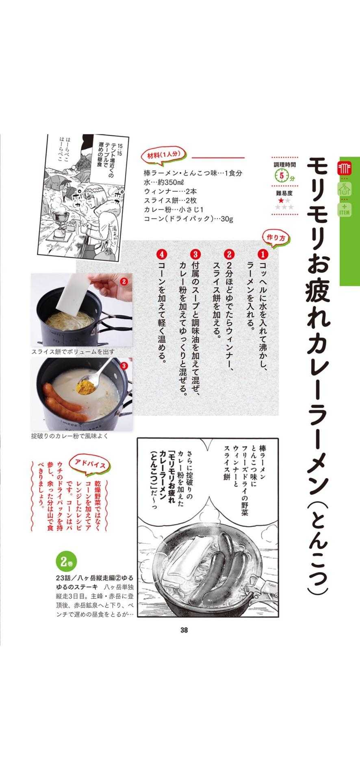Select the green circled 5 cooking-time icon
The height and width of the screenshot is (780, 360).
pyautogui.click(x=281, y=176)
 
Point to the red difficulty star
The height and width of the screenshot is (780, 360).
pyautogui.click(x=280, y=200)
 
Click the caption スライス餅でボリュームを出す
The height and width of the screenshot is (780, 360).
pyautogui.click(x=73, y=352)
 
